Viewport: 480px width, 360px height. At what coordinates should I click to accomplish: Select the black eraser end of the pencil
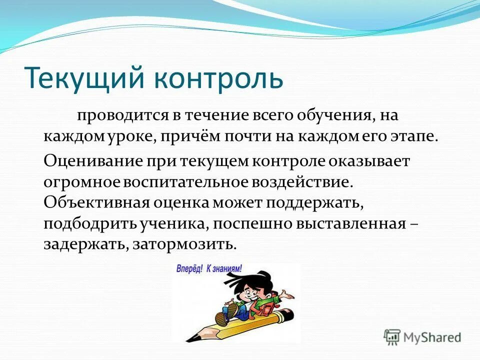(289, 315)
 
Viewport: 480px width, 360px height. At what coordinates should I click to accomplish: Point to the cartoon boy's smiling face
(248, 290)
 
